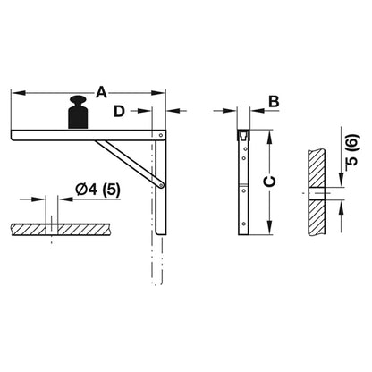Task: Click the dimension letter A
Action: point(101,92)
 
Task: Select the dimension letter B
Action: point(274,102)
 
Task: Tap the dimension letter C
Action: point(270,182)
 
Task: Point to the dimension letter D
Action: point(119,112)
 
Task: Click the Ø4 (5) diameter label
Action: point(97,190)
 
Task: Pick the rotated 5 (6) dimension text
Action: point(352,153)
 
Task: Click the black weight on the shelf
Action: point(78,113)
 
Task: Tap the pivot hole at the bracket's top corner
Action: point(161,135)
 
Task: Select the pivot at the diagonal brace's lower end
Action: point(161,185)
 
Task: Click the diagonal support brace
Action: point(130,163)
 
